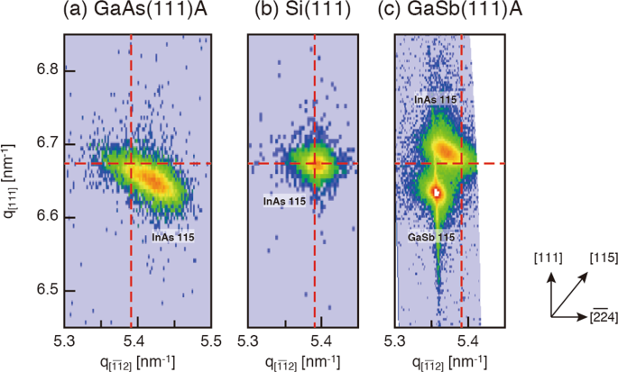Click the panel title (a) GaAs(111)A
135,14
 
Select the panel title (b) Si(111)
301,14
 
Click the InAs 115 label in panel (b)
281,201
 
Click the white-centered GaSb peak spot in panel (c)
438,193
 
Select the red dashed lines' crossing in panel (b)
315,163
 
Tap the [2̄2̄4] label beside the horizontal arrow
603,316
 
